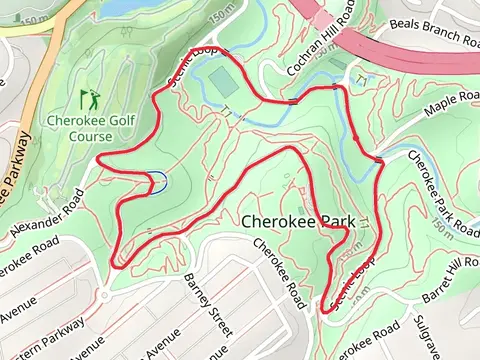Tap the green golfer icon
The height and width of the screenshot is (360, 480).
(x=87, y=99)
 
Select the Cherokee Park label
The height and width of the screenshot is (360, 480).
(x=299, y=220)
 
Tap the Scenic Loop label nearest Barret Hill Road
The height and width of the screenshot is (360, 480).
(x=358, y=284)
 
